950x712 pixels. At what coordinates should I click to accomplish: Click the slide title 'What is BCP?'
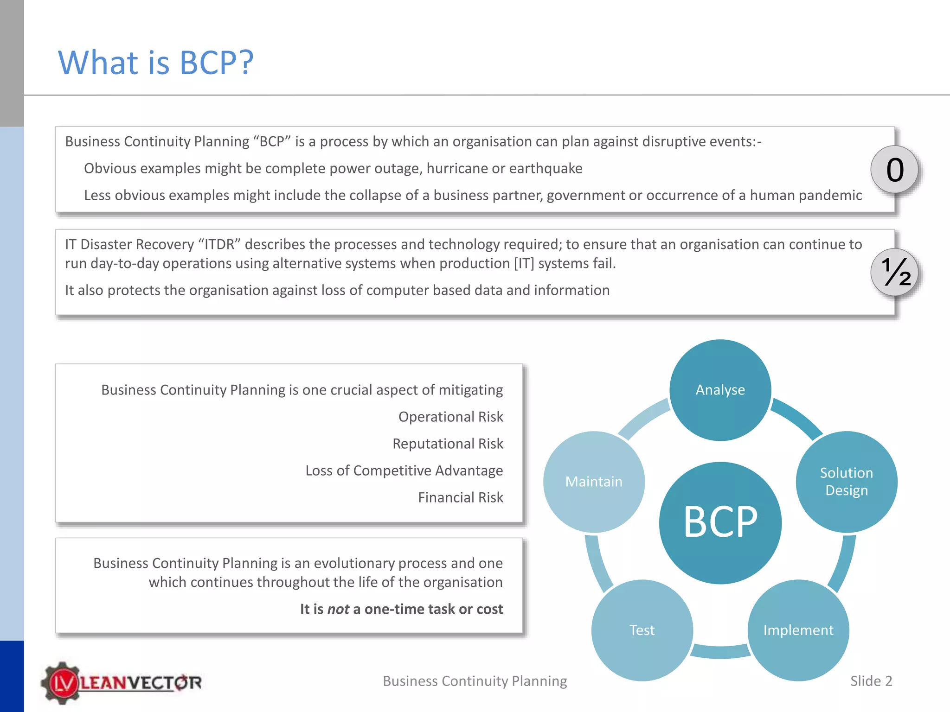tap(156, 63)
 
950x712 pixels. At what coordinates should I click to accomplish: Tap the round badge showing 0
tap(894, 170)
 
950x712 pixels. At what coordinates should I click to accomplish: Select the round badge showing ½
tap(894, 273)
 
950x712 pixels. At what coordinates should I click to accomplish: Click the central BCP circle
tap(720, 522)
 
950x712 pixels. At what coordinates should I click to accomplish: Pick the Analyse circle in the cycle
tap(720, 390)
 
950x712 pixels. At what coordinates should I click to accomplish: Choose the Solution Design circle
tap(847, 482)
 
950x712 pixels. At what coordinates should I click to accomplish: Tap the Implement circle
tap(798, 630)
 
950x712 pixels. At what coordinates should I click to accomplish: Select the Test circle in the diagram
tap(642, 630)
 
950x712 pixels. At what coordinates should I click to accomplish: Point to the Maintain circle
tap(594, 482)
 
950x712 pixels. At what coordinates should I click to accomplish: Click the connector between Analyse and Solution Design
tap(797, 418)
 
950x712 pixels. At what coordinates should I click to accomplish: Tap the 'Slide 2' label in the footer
tap(871, 681)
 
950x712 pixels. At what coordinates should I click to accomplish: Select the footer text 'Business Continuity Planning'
tap(475, 681)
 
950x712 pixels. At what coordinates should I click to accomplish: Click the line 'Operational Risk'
tap(450, 417)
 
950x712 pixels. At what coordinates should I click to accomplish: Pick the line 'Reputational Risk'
tap(448, 444)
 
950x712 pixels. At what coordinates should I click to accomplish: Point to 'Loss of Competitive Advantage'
tap(404, 470)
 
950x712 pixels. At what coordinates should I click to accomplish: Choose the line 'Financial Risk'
tap(460, 497)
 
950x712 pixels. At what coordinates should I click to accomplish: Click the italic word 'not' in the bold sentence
tap(338, 609)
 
